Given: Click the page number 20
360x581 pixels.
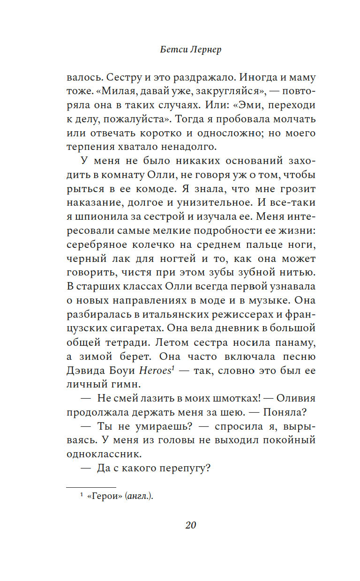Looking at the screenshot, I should [x=190, y=525].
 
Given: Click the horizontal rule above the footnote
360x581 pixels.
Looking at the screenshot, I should [x=91, y=487].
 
